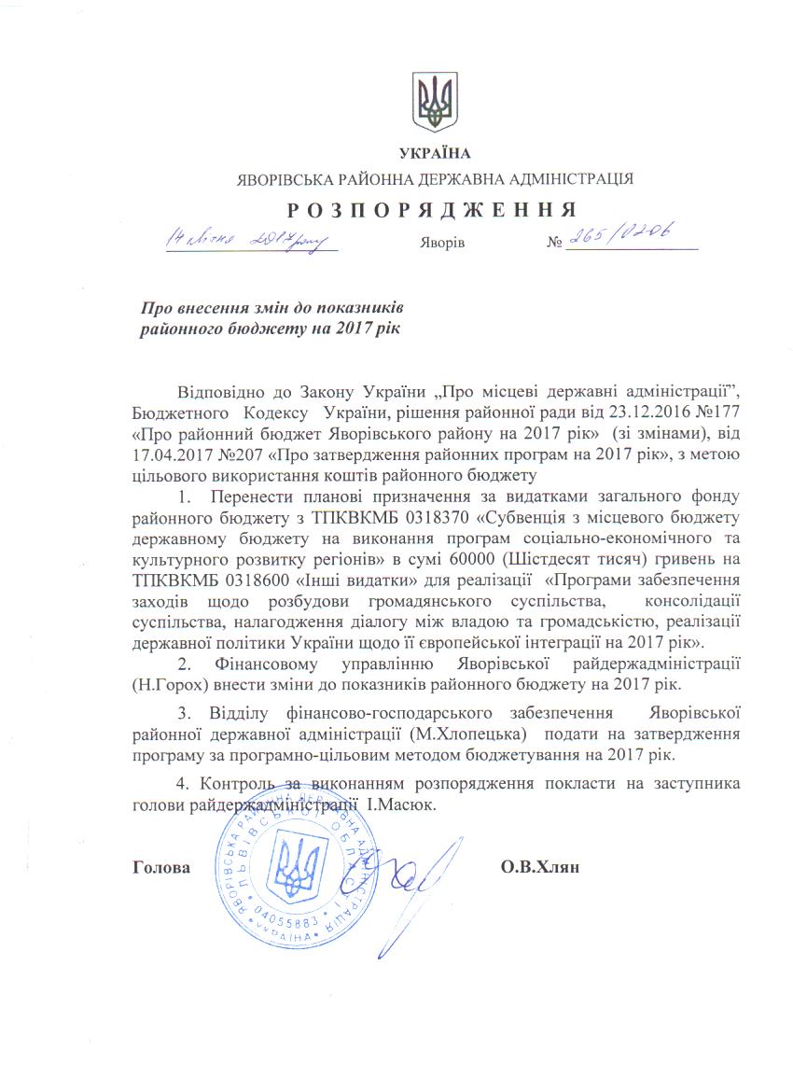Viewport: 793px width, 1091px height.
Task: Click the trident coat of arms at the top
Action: [x=435, y=101]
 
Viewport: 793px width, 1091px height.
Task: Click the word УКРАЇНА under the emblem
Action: [x=435, y=153]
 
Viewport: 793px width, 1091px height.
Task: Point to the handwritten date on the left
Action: [x=249, y=240]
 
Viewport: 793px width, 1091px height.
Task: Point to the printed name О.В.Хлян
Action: [x=540, y=867]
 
